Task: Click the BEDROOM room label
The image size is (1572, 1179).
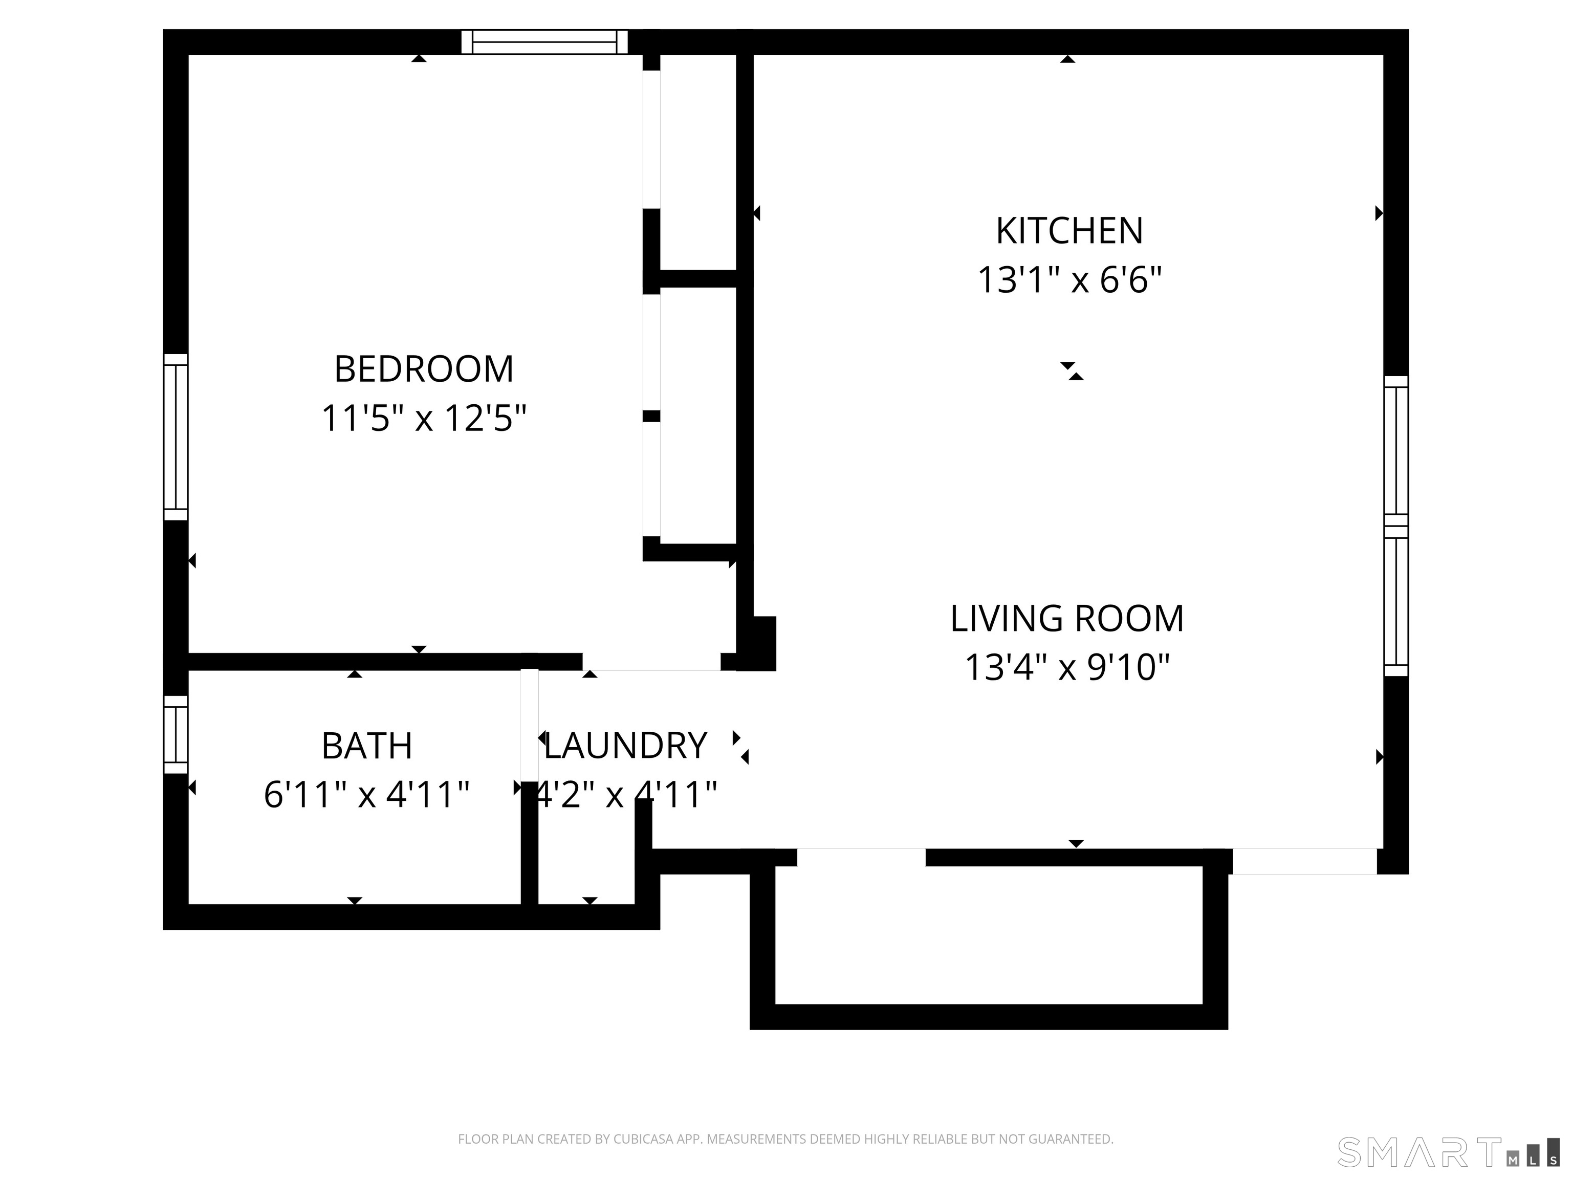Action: click(x=424, y=369)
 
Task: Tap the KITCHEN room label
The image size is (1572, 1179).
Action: click(x=1069, y=230)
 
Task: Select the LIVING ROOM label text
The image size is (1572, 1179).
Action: click(x=1067, y=618)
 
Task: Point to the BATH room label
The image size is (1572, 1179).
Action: click(x=367, y=746)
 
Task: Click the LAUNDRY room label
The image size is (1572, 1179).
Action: click(x=625, y=746)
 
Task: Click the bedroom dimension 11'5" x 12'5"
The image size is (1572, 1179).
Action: click(x=424, y=418)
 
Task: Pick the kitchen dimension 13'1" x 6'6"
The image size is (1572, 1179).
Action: click(x=1069, y=279)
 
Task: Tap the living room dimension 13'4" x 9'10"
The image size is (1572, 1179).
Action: click(x=1067, y=667)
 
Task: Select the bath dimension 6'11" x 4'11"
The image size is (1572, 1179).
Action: click(x=367, y=795)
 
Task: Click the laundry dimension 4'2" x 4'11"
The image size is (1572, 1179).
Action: click(x=625, y=795)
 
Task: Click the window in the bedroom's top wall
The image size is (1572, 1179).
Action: click(x=544, y=42)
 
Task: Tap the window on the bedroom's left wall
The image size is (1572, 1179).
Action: click(x=176, y=437)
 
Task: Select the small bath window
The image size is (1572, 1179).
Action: click(x=176, y=734)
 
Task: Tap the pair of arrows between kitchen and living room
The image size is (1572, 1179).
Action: click(x=1072, y=371)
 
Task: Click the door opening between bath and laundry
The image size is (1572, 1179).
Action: click(x=530, y=725)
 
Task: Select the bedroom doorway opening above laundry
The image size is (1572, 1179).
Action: click(x=652, y=662)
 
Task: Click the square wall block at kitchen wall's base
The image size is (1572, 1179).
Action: click(x=756, y=643)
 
